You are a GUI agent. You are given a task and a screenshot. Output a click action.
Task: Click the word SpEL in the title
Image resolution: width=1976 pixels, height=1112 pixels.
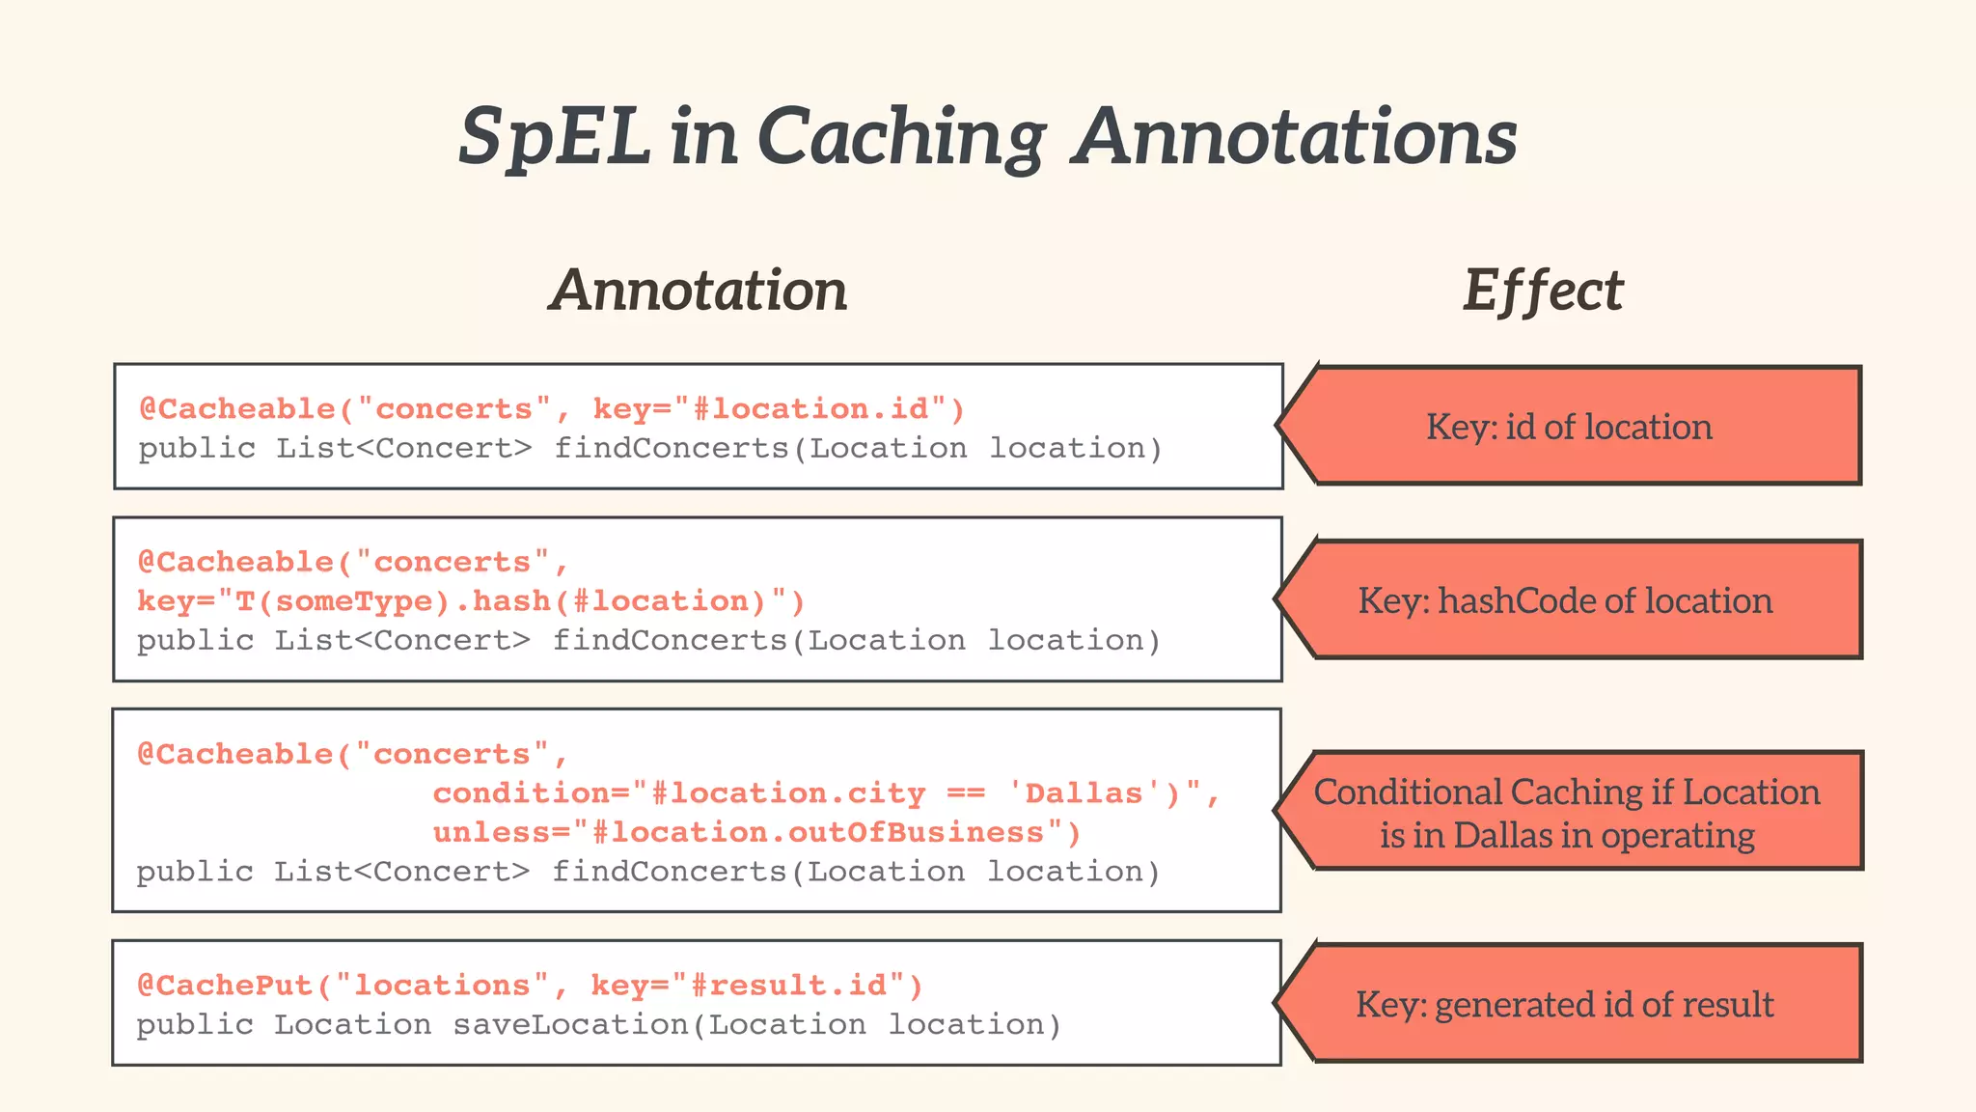click(x=554, y=137)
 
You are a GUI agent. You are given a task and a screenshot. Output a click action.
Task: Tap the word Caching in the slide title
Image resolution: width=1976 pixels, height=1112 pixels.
click(x=900, y=137)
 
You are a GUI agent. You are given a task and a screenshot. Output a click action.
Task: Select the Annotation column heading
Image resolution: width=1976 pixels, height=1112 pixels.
click(x=698, y=290)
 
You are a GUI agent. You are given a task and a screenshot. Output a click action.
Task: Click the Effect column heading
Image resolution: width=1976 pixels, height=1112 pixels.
click(x=1543, y=290)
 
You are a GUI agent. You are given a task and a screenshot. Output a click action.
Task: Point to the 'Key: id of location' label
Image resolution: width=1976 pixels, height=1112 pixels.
click(x=1569, y=427)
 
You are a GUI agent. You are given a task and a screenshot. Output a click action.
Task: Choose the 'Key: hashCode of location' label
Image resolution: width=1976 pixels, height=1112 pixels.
click(x=1565, y=600)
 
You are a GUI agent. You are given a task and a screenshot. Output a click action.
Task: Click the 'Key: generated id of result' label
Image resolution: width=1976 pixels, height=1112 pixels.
click(x=1564, y=1004)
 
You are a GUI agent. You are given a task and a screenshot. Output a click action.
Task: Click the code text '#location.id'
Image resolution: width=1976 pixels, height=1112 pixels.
click(x=810, y=409)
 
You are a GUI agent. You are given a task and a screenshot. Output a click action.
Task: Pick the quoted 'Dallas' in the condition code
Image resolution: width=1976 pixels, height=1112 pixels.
click(x=1083, y=793)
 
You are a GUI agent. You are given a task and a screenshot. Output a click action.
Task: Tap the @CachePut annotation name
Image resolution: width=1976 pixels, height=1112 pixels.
click(x=226, y=986)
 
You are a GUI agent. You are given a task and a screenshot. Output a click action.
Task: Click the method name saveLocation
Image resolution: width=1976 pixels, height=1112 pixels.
click(x=571, y=1024)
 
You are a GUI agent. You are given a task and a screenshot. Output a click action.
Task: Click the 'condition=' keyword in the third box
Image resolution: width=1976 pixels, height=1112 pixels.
click(x=531, y=793)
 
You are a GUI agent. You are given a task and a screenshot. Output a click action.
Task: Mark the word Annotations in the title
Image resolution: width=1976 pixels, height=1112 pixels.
click(x=1296, y=137)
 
